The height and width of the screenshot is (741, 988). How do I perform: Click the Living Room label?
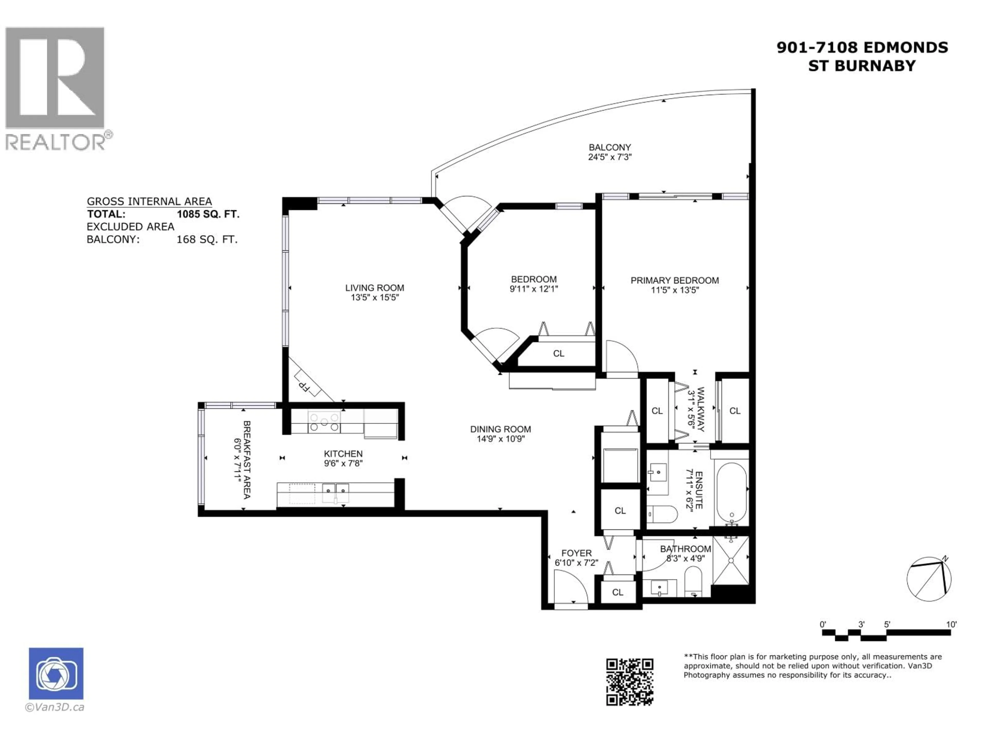pos(374,288)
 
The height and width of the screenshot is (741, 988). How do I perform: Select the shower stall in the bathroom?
pos(731,560)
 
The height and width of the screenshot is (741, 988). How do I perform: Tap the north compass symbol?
pos(929,579)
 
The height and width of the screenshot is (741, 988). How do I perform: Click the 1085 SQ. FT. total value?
pos(208,214)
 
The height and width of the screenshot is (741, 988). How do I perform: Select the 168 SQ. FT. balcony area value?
pos(207,239)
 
